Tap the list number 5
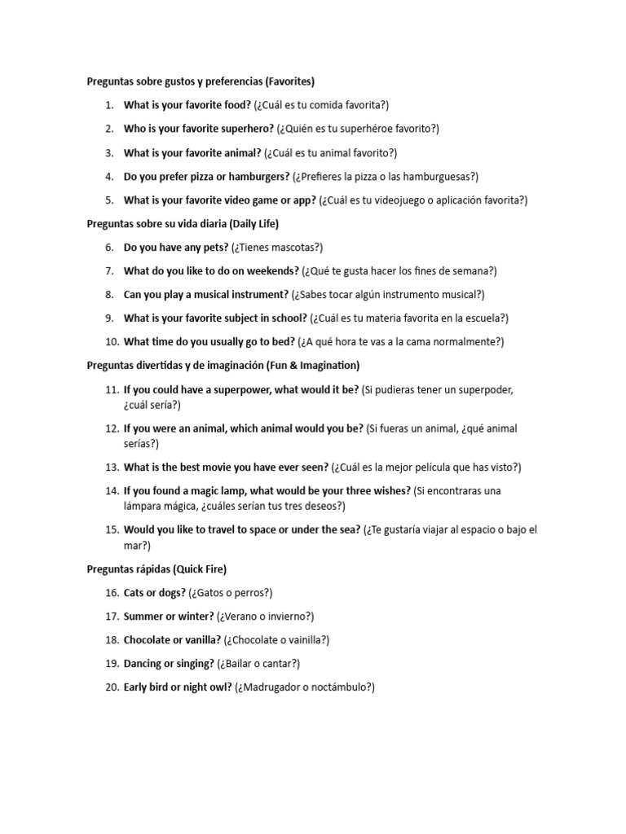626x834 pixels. point(109,200)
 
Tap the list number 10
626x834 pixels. point(112,342)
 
